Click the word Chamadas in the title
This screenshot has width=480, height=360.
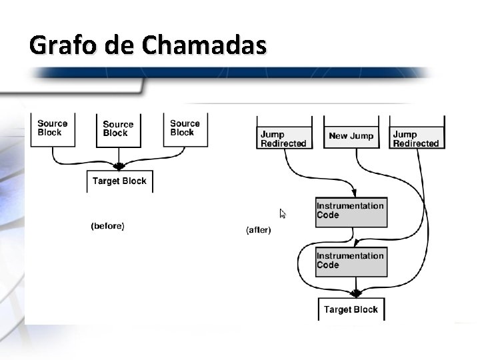(x=204, y=45)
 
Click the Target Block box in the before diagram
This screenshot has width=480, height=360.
(x=119, y=181)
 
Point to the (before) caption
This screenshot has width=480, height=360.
(x=107, y=226)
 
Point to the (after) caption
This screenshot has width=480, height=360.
(x=259, y=230)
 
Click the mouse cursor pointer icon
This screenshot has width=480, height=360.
(x=283, y=214)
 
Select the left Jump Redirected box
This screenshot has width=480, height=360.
(x=284, y=139)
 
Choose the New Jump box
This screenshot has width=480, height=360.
(x=351, y=136)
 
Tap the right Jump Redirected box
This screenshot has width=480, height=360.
(x=416, y=139)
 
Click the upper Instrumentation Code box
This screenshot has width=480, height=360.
(x=351, y=211)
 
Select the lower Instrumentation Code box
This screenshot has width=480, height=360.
(x=351, y=261)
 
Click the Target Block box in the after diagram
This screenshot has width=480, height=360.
(x=351, y=309)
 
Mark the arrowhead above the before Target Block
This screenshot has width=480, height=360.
(x=119, y=166)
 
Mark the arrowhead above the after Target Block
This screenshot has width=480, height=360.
(x=356, y=293)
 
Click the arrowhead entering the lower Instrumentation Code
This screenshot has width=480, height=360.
(x=356, y=243)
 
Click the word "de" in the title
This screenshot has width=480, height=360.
(x=118, y=46)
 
